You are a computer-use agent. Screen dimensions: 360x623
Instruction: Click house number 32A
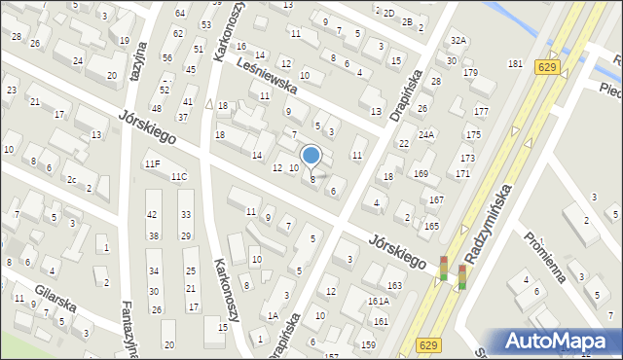click(458, 40)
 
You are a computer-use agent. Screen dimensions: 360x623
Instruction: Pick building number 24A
click(425, 134)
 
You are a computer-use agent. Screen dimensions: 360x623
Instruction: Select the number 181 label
click(515, 63)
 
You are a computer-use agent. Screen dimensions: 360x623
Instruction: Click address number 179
click(470, 73)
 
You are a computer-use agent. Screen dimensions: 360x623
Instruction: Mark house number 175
click(472, 134)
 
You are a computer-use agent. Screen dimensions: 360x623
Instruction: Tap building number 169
click(421, 174)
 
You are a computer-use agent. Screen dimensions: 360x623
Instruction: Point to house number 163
click(394, 285)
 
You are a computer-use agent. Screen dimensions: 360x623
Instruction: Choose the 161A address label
click(379, 302)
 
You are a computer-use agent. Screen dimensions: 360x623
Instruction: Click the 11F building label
click(152, 163)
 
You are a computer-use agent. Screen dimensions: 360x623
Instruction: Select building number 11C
click(179, 177)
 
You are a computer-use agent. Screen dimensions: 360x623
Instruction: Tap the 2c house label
click(71, 179)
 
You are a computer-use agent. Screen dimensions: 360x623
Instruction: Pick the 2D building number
click(388, 13)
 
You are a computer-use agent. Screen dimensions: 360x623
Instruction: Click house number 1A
click(273, 315)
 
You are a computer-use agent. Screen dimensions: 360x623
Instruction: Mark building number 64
click(180, 13)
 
